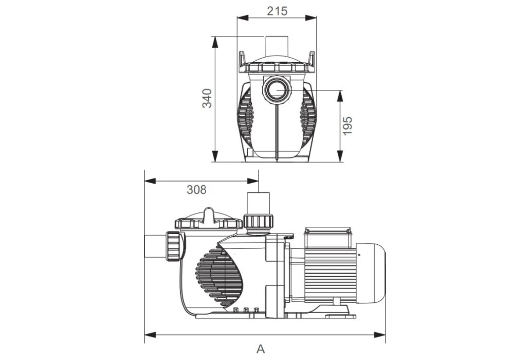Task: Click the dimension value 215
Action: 277,11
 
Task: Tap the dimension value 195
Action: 348,125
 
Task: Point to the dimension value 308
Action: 196,190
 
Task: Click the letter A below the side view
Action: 261,349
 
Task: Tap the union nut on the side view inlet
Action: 174,247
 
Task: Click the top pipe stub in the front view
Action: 277,45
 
